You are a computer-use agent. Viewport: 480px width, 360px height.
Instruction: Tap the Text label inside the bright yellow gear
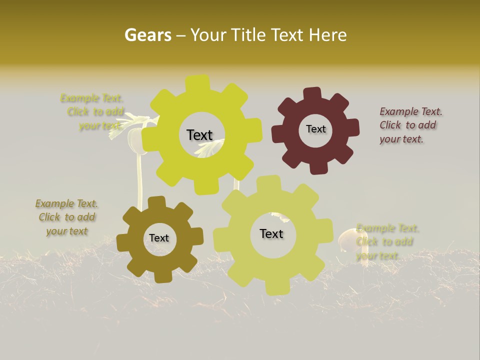click(x=199, y=135)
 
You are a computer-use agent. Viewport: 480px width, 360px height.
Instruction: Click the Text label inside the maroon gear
click(x=315, y=129)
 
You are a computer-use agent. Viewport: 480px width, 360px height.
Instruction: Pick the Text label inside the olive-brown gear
click(x=159, y=238)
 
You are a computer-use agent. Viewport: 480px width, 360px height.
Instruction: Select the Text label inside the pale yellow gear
click(x=271, y=233)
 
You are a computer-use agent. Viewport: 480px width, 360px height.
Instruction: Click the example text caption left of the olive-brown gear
click(x=66, y=217)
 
